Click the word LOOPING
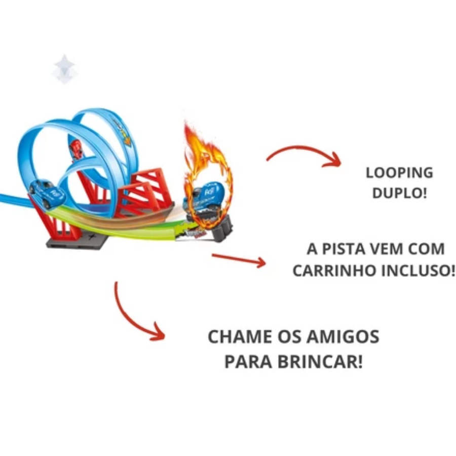(400, 173)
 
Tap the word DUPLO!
(400, 194)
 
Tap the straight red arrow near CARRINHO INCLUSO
(238, 260)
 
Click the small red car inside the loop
(77, 149)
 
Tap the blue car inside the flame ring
(208, 196)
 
